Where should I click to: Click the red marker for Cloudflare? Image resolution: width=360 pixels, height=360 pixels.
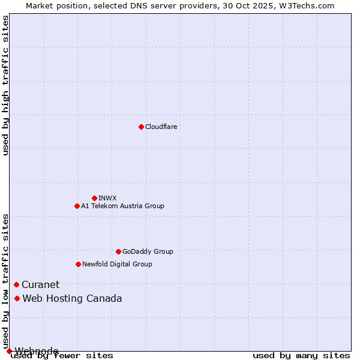[x=141, y=127]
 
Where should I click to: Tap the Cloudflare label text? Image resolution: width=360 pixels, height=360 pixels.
[x=161, y=127]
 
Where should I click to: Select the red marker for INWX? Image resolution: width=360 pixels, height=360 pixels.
[x=94, y=198]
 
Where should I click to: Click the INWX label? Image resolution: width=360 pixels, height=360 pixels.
[x=107, y=198]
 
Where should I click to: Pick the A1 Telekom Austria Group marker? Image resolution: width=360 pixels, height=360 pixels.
[x=77, y=206]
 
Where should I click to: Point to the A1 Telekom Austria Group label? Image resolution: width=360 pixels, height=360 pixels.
[x=122, y=206]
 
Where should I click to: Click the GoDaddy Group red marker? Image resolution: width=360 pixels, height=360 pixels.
[x=118, y=251]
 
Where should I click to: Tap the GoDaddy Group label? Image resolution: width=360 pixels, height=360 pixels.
[x=148, y=251]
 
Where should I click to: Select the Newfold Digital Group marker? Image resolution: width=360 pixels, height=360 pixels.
[x=78, y=264]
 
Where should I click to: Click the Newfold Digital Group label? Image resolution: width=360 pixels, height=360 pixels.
[x=117, y=264]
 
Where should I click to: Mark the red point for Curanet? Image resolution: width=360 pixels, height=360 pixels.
[x=16, y=284]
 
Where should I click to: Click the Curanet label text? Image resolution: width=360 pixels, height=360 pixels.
[x=41, y=284]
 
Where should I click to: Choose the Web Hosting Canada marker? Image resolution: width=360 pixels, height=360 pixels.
[x=17, y=298]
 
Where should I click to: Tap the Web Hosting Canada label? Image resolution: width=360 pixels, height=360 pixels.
[x=72, y=298]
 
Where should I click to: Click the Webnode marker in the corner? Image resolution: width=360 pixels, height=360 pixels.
[x=9, y=351]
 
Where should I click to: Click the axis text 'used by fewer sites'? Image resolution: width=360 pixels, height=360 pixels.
[x=62, y=356]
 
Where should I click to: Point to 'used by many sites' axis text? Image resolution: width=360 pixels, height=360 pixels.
[x=301, y=356]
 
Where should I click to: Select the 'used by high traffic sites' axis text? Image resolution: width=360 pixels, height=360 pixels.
[x=5, y=85]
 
